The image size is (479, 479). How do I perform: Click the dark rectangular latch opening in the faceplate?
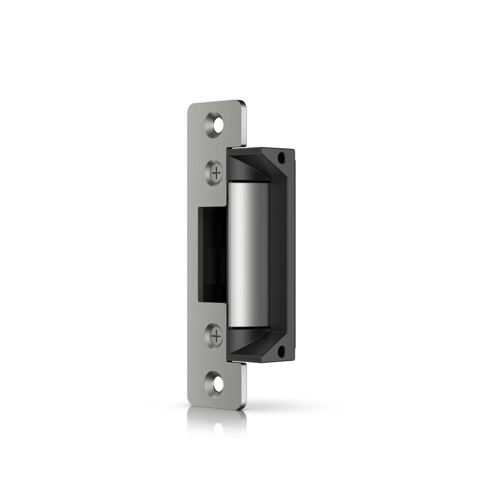pos(212,254)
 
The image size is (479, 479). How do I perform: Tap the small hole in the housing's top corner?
pos(282,157)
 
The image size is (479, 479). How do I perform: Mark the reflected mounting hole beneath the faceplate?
pos(217,426)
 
